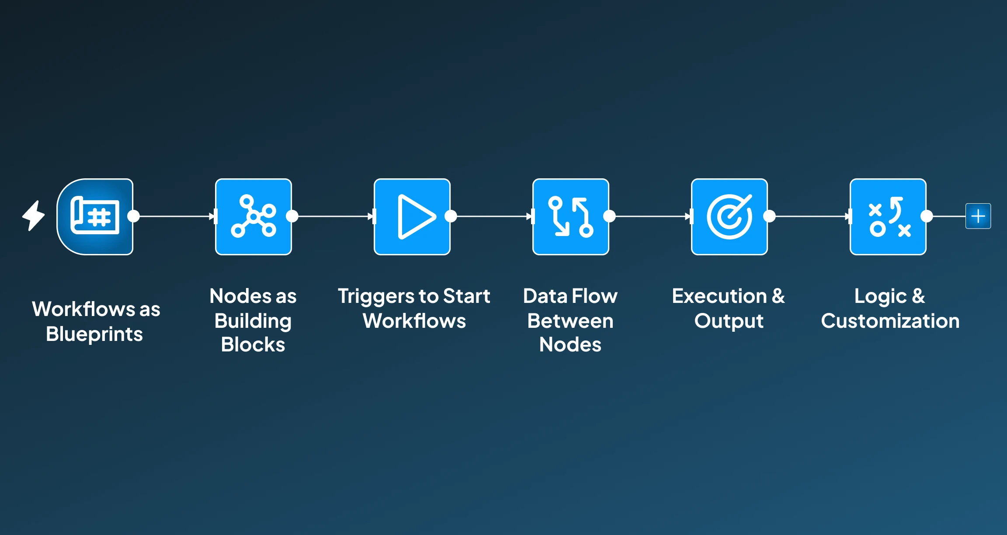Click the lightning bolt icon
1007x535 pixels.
point(34,215)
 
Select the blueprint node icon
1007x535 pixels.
point(95,216)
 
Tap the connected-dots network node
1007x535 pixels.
point(253,216)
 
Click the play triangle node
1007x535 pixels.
point(412,216)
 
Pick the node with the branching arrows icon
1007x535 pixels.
point(571,216)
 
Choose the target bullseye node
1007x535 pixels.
point(729,216)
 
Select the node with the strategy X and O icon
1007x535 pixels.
point(888,216)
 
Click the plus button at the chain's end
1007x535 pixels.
point(978,216)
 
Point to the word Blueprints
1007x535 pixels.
point(94,334)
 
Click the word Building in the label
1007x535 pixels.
point(253,321)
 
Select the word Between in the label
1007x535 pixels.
point(570,321)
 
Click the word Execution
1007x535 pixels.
point(719,296)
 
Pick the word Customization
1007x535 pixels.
point(890,321)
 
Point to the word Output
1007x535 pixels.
point(729,321)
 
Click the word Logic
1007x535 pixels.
point(880,297)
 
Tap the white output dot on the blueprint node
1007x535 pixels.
point(133,216)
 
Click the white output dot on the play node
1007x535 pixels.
point(451,216)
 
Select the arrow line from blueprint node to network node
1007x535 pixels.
point(175,216)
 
